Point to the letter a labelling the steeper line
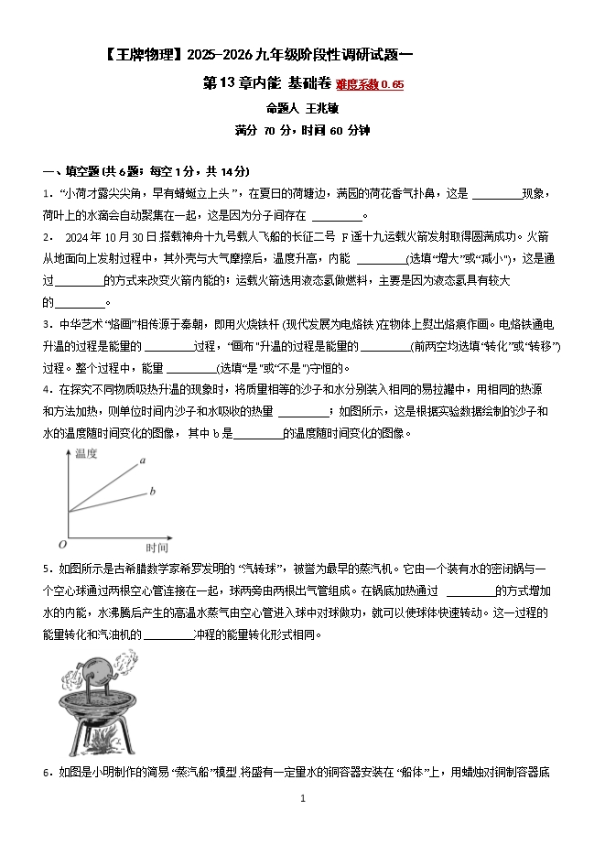143,461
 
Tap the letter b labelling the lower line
152,493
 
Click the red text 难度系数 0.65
369,85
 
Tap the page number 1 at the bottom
302,798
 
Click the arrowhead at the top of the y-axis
67,452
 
